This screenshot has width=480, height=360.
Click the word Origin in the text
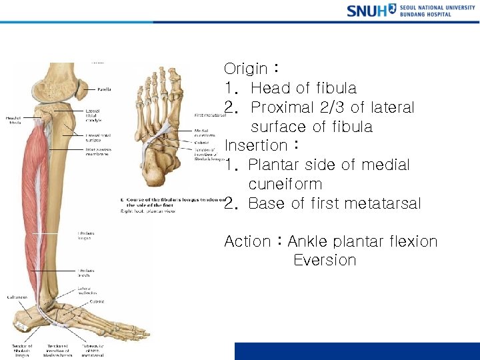[x=247, y=69]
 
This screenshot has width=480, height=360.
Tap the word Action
[x=247, y=241]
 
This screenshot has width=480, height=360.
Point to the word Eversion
[x=325, y=261]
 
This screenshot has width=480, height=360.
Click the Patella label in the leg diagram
[x=104, y=89]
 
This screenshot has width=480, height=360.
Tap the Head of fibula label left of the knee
[x=14, y=120]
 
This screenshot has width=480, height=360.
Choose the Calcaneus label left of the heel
[x=16, y=297]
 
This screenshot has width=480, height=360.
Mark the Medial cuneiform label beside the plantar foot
[x=203, y=133]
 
